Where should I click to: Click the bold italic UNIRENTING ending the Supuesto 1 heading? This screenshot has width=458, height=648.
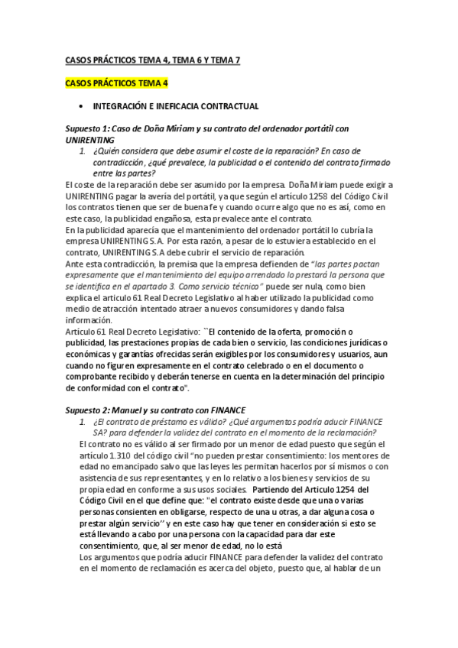click(x=90, y=140)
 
